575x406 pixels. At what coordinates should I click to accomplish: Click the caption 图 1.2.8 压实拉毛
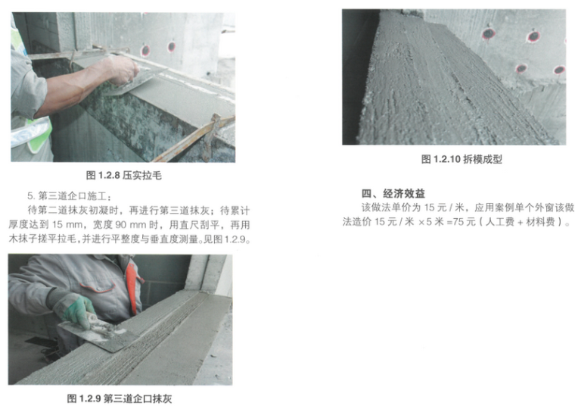coord(123,176)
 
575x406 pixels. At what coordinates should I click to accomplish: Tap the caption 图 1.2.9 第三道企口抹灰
coord(120,398)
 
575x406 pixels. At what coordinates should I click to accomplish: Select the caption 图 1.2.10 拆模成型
coord(462,159)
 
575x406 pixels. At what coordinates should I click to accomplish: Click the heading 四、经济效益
coord(393,193)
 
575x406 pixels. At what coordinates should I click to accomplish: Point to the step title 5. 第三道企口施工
coord(69,196)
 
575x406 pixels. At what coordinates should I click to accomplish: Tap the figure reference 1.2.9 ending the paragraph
coord(235,239)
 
